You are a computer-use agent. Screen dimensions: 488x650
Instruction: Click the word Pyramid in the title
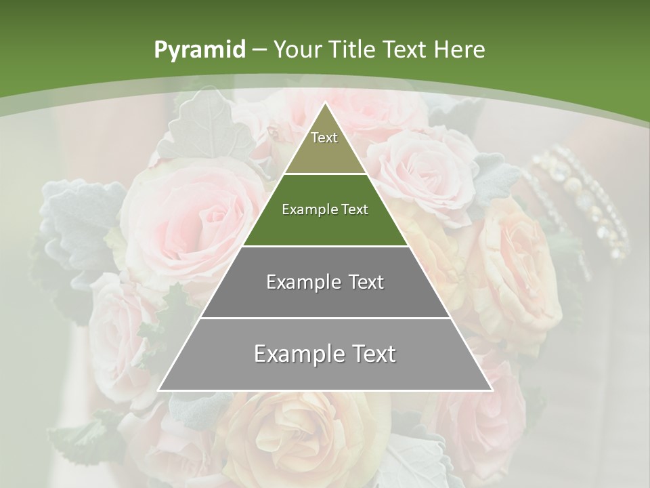tap(199, 50)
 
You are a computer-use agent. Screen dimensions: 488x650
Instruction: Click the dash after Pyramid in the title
tap(259, 50)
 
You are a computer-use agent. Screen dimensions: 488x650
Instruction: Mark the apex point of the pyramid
tap(325, 103)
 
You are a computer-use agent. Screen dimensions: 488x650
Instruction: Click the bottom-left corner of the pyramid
tap(159, 390)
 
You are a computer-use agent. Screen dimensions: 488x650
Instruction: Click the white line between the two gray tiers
tap(325, 318)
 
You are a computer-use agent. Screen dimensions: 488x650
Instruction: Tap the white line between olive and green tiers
tap(325, 174)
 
